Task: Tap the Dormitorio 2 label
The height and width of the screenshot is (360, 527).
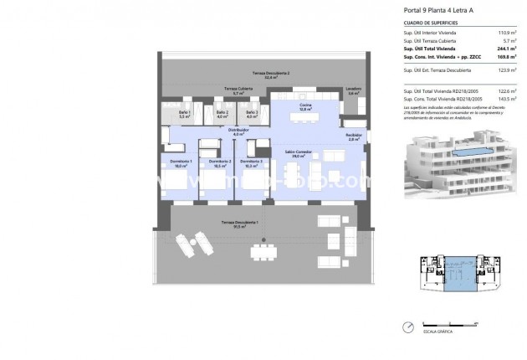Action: [x=219, y=163]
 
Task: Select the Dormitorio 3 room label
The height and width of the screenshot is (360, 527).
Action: [x=255, y=163]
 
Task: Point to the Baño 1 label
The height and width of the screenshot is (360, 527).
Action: [x=186, y=115]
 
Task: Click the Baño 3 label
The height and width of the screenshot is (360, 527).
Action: [x=252, y=115]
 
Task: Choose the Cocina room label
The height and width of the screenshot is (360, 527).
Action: [x=306, y=106]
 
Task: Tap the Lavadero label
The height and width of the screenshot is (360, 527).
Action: [x=356, y=91]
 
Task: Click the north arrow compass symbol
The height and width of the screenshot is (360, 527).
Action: [x=407, y=328]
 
